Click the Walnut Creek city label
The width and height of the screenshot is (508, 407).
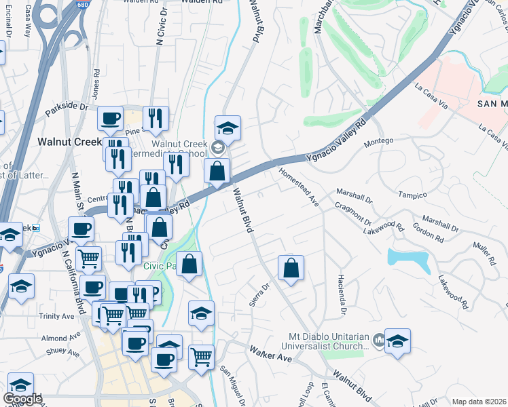68,142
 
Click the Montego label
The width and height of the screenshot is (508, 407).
380,140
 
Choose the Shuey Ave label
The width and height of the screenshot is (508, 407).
63,351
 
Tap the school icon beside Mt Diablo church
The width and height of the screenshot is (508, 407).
397,341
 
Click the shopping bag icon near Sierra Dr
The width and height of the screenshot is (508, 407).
291,268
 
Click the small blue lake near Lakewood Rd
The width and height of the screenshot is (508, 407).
407,258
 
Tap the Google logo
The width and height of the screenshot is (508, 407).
22,399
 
